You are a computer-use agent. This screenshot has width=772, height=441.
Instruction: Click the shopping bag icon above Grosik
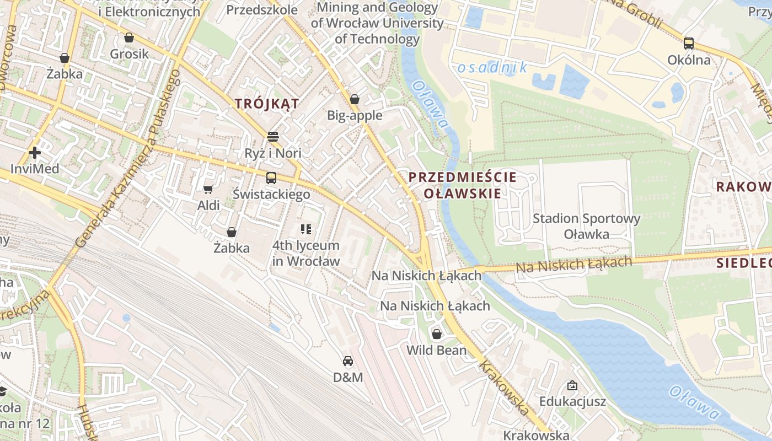[129, 37]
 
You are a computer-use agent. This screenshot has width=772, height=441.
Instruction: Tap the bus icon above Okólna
[688, 44]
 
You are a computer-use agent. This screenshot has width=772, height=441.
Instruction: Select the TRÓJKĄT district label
[267, 104]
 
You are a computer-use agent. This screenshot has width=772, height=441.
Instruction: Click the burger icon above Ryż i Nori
[272, 136]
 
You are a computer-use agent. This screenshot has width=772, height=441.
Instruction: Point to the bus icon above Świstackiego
[271, 178]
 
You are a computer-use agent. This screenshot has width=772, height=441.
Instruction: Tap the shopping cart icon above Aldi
[208, 189]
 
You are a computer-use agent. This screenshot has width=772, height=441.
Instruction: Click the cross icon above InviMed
[35, 152]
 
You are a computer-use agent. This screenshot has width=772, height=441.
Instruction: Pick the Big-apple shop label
[355, 115]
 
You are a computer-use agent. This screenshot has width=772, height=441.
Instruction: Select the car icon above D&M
[347, 361]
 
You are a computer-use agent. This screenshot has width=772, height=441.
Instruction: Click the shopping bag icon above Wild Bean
[436, 334]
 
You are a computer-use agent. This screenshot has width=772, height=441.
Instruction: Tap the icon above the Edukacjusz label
[572, 385]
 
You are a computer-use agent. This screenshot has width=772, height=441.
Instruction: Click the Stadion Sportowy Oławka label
[586, 226]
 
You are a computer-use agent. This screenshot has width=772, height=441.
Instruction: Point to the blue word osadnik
[492, 68]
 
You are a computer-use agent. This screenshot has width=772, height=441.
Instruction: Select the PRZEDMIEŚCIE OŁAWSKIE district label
[462, 185]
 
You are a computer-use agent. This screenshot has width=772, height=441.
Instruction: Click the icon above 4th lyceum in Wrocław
[306, 229]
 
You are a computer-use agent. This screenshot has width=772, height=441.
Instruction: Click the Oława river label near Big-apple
[430, 105]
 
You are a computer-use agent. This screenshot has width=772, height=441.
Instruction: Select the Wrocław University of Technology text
[377, 23]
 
